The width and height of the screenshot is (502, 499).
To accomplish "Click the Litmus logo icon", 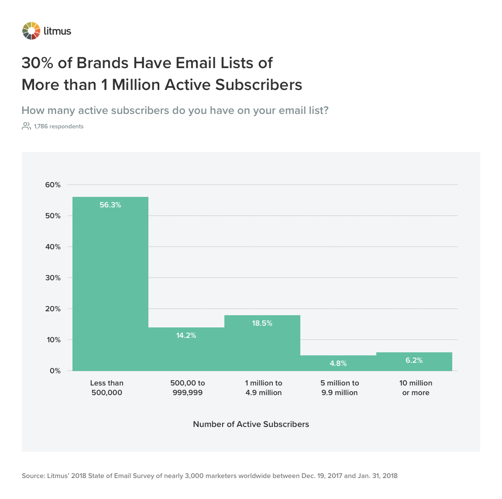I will tap(31, 31).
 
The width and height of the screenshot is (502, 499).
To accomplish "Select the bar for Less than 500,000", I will tap(110, 284).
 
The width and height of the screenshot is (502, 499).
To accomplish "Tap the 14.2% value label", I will tap(186, 335).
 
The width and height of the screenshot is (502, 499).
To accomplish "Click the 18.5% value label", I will tap(262, 323).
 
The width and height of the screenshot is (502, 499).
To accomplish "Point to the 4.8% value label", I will tap(338, 363).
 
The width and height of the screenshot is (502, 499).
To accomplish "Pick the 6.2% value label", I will tap(414, 360).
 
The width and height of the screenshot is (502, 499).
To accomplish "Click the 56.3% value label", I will tap(110, 205).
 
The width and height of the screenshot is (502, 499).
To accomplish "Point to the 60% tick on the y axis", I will tap(53, 185).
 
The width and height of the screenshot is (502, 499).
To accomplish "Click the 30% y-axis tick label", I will tap(53, 278).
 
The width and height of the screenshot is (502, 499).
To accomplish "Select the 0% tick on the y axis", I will tap(55, 371).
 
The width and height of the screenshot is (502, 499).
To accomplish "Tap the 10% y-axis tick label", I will tap(53, 340).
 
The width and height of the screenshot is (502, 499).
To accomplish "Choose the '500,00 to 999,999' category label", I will tap(188, 388).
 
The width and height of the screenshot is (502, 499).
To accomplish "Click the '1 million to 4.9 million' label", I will tap(264, 388).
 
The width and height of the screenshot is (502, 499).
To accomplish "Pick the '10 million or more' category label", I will tap(416, 388).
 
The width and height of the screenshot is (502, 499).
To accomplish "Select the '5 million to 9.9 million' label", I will tap(340, 388).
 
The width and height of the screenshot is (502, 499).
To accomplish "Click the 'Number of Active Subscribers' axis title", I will tap(251, 424).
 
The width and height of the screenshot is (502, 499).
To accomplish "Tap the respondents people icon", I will tap(26, 126).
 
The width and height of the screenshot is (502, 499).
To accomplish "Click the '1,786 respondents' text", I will tap(58, 127).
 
